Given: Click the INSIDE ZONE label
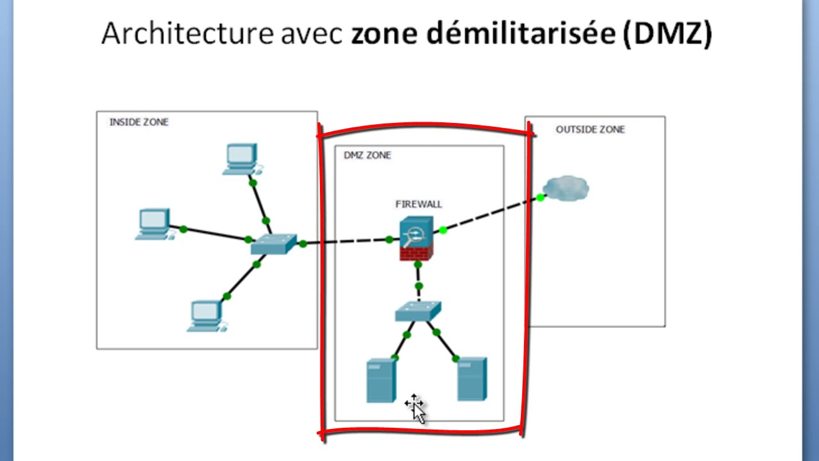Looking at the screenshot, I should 139,122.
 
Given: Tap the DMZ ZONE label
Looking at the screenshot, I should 367,155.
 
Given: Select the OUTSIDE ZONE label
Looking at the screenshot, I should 590,129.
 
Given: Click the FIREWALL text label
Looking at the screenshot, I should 418,204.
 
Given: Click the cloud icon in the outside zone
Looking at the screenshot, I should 567,188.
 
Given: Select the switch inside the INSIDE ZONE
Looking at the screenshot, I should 274,243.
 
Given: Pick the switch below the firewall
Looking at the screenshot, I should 418,311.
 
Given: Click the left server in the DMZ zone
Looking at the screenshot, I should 381,381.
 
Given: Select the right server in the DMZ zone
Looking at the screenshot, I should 472,379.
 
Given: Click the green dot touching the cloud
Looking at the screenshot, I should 541,197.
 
